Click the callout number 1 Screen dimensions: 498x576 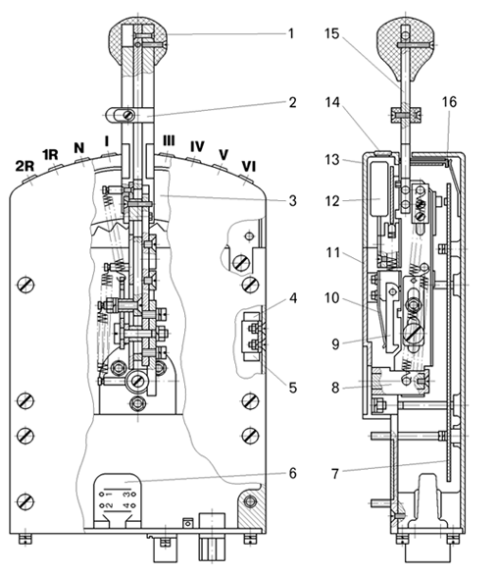click(291, 33)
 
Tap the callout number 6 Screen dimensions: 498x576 click(292, 473)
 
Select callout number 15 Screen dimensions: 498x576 click(332, 33)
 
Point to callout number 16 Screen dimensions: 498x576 click(449, 102)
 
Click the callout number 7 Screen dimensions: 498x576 click(335, 474)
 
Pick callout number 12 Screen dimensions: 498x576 click(332, 201)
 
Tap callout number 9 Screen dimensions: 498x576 click(335, 344)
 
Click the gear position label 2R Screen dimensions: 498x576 click(25, 167)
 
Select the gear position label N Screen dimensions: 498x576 click(79, 148)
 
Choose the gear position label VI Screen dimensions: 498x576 click(248, 167)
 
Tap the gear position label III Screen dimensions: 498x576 click(169, 140)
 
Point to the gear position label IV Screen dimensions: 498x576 click(197, 147)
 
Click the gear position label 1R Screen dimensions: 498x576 click(50, 155)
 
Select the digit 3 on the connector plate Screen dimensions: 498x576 click(126, 495)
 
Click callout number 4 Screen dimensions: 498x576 click(292, 298)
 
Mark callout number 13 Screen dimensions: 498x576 click(332, 160)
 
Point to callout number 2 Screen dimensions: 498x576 click(292, 102)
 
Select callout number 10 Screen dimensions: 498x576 click(332, 298)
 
